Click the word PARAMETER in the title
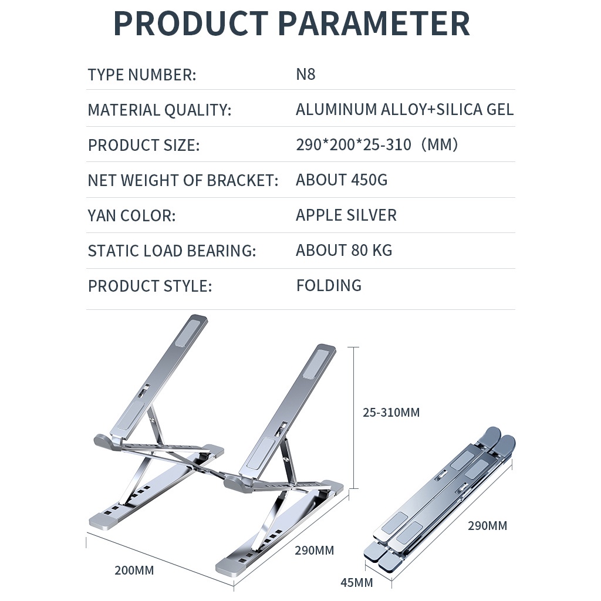pos(374,23)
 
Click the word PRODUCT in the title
pos(191,23)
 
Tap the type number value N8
pos(305,75)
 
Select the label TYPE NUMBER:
pos(142,75)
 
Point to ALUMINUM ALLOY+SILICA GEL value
pos(404,110)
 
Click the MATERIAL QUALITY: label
pos(160,110)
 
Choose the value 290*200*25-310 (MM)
pos(377,145)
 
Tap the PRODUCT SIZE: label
pos(144,146)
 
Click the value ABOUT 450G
pos(342,180)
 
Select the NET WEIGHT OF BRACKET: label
pos(183,181)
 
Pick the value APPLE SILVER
pos(346,215)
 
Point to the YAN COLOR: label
pos(131,216)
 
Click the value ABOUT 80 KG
pos(344,251)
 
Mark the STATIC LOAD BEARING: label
pos(172,251)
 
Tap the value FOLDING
pos(329,286)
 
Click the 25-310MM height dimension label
pos(391,413)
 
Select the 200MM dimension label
pos(134,570)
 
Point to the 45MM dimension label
pos(356,583)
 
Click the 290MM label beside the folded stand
pos(488,525)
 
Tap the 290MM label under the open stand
pos(315,551)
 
